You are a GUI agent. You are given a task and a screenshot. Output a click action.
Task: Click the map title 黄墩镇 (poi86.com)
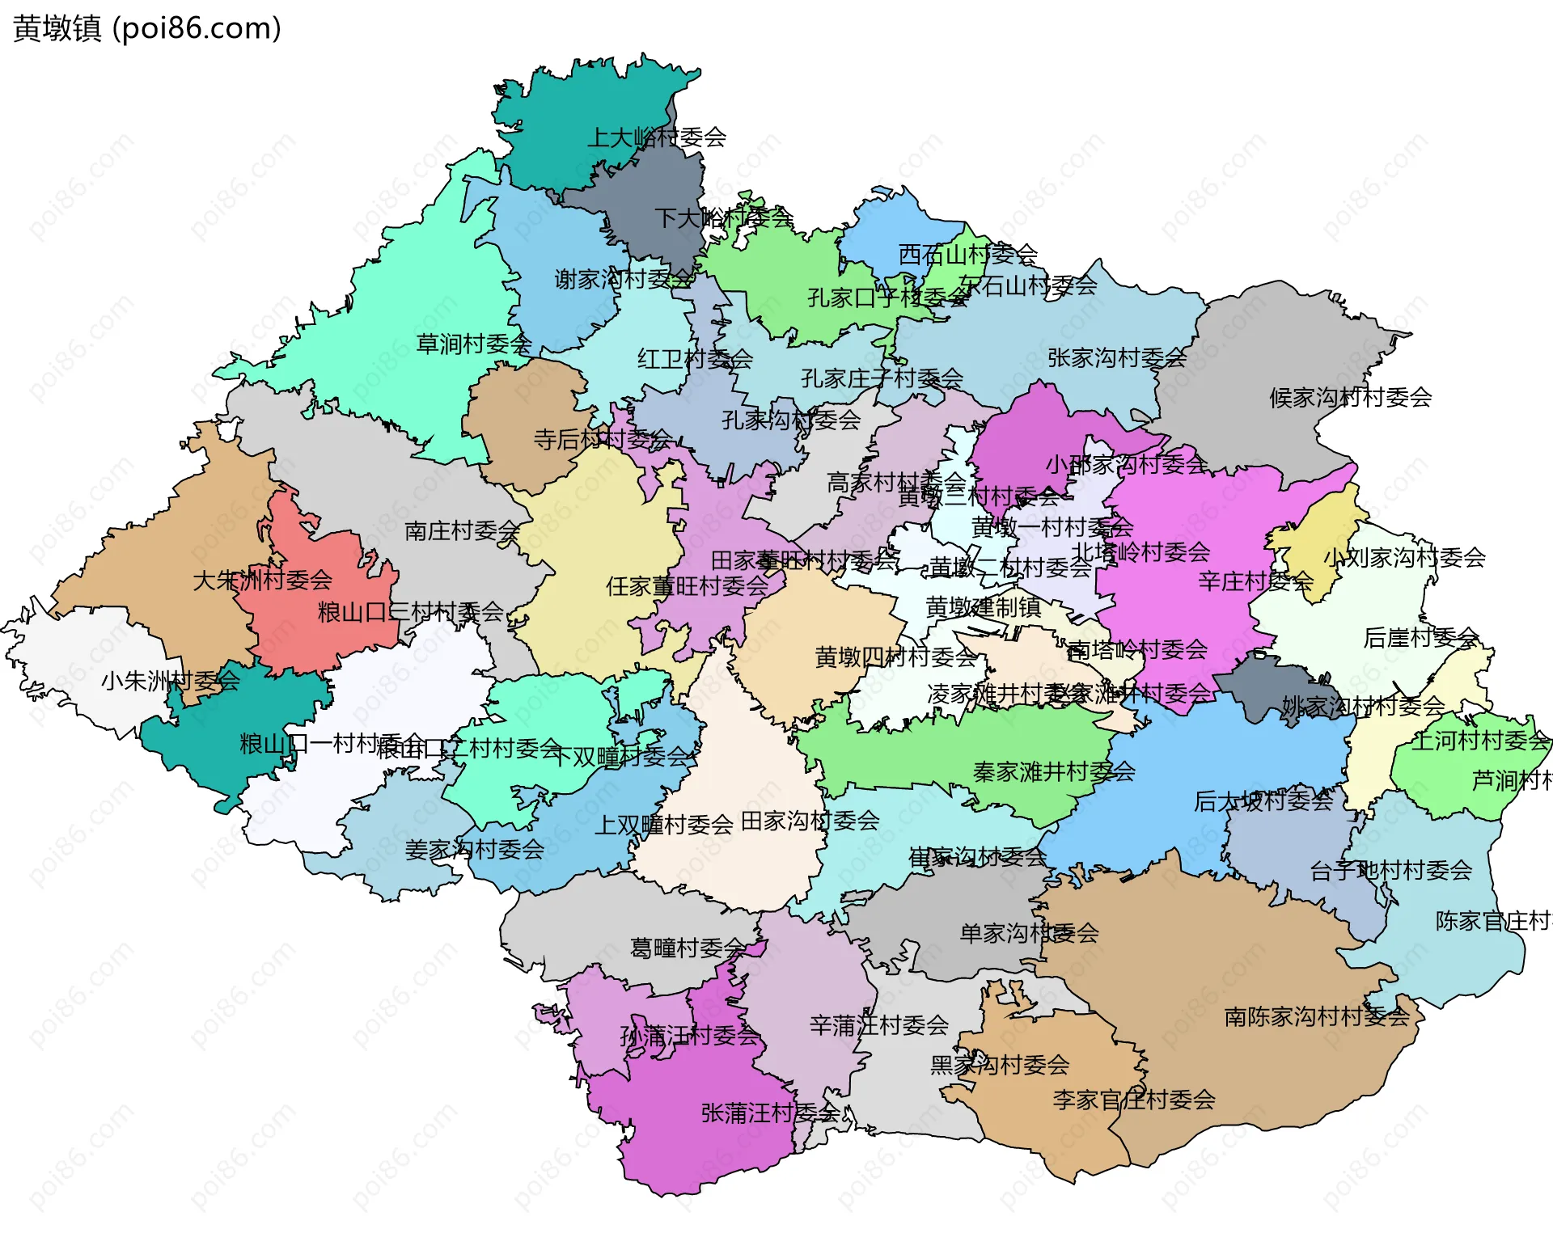click(147, 28)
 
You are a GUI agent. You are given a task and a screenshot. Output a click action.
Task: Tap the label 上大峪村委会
click(656, 137)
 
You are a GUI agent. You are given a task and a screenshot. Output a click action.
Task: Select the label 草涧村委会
click(473, 344)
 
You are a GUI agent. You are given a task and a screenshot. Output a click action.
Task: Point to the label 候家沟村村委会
click(1350, 398)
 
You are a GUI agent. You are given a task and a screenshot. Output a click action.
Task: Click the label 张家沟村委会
click(1116, 358)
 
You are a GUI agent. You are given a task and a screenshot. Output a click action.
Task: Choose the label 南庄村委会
click(461, 531)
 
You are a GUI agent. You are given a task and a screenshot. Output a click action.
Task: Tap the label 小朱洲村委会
click(170, 681)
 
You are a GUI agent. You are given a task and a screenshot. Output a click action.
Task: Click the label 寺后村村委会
click(602, 440)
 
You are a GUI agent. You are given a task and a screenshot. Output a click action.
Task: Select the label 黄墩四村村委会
click(895, 657)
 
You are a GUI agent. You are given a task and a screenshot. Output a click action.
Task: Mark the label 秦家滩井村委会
click(1053, 772)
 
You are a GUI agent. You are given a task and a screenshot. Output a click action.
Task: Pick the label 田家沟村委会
click(810, 821)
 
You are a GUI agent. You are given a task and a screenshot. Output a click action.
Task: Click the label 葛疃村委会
click(688, 948)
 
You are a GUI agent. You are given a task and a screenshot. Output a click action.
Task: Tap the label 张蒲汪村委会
click(770, 1113)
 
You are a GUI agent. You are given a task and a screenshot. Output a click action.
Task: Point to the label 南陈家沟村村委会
click(1316, 1017)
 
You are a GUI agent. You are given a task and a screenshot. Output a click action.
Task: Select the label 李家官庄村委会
click(1133, 1100)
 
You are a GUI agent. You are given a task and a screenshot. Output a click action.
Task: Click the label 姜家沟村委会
click(474, 850)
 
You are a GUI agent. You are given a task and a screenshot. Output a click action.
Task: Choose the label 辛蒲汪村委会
click(878, 1026)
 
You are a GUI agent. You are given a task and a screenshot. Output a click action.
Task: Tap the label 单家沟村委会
click(1029, 934)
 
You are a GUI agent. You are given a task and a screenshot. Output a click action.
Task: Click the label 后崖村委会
click(1420, 638)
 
